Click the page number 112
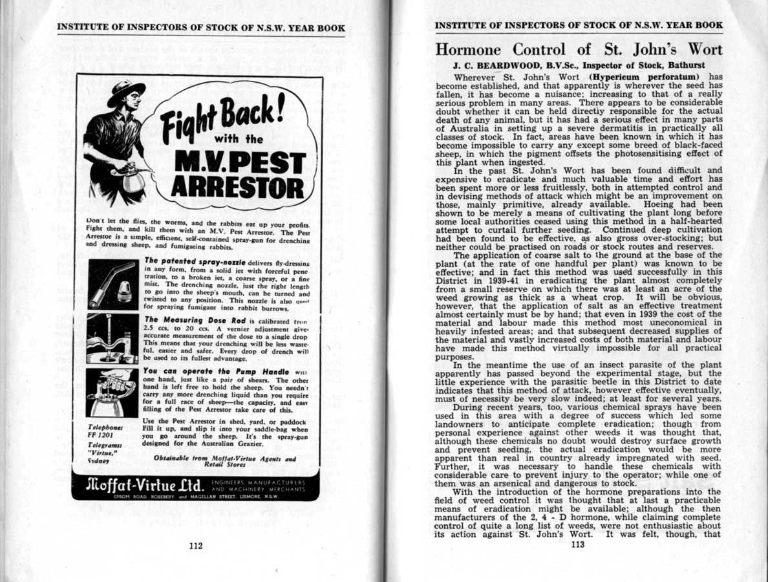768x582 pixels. [x=196, y=545]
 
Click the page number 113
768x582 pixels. [x=577, y=544]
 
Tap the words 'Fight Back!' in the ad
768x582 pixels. [x=222, y=120]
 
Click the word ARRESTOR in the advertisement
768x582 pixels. [x=237, y=187]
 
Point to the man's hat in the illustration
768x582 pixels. [x=125, y=92]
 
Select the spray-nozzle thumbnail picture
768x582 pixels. [x=113, y=285]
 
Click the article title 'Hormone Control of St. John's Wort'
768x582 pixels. [x=579, y=49]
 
